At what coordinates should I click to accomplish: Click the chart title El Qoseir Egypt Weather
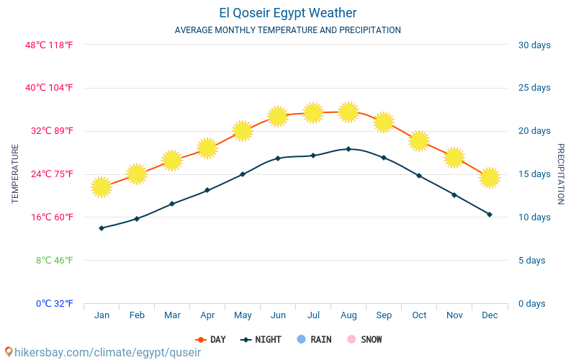coord(288,13)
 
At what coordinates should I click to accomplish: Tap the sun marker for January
coord(102,187)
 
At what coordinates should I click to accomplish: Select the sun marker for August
coord(348,112)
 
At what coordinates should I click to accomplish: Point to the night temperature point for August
coord(348,149)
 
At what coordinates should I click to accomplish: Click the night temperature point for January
coord(102,228)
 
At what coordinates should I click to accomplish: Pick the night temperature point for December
coord(490,215)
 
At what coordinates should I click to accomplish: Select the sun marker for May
coord(243,130)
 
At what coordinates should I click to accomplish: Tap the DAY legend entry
coord(210,339)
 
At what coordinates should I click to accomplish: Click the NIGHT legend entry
coord(261,339)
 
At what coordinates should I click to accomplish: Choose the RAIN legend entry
coord(314,339)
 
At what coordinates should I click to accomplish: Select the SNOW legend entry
coord(364,339)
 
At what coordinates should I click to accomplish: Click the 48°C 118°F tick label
coord(50,45)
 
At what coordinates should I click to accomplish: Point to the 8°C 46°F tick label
coord(55,260)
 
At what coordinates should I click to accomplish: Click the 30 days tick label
coord(534,45)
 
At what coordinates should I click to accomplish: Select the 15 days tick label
coord(534,174)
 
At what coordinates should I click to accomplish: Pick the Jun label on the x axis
coord(278,315)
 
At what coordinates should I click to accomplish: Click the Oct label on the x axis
coord(419,315)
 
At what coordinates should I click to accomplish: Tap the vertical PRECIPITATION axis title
coord(560,174)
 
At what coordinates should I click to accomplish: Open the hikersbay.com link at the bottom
coord(102,352)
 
